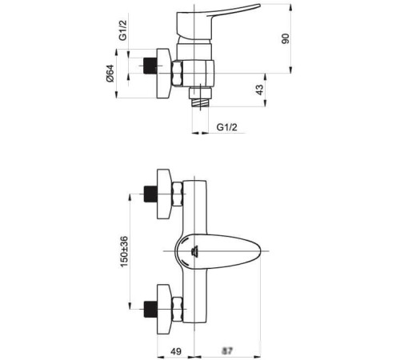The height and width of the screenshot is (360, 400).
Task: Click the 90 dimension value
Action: [285, 39]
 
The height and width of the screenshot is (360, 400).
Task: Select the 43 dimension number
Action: [259, 90]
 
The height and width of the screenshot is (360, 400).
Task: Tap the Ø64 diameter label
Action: [110, 74]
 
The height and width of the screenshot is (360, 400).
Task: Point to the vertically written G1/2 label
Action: [123, 30]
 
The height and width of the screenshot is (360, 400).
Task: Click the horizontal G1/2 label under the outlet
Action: [226, 127]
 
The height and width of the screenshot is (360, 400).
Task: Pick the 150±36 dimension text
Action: [124, 252]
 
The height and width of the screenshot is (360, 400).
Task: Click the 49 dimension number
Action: [176, 351]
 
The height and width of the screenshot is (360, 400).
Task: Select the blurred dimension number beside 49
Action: [227, 351]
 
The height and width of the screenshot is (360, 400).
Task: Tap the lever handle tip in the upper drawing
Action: [259, 5]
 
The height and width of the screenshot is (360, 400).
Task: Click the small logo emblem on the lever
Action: [194, 251]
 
